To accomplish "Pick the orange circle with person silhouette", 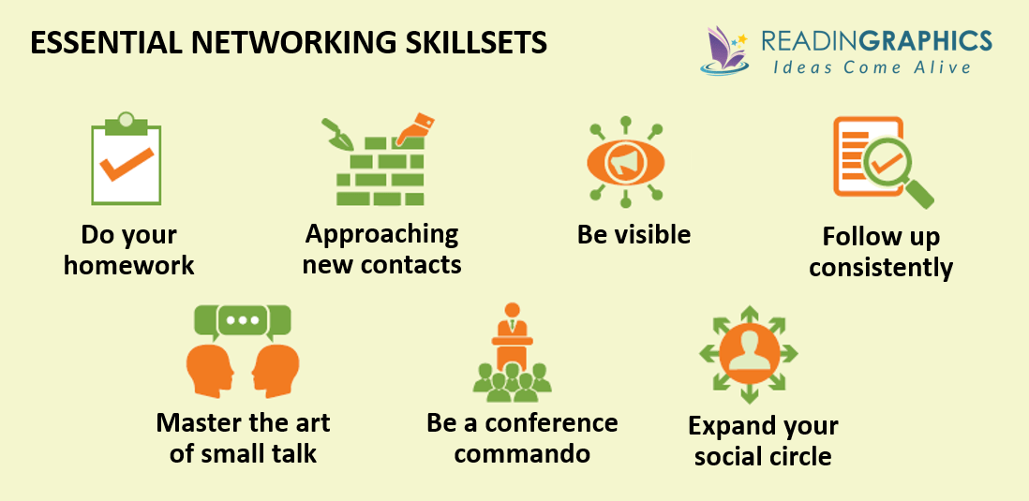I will (x=748, y=351).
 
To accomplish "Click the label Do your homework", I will (x=128, y=250).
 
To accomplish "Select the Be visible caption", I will (x=634, y=234).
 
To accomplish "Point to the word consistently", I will (x=881, y=268).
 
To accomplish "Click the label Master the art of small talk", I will (x=243, y=437).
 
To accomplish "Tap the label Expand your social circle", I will (x=763, y=441).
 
